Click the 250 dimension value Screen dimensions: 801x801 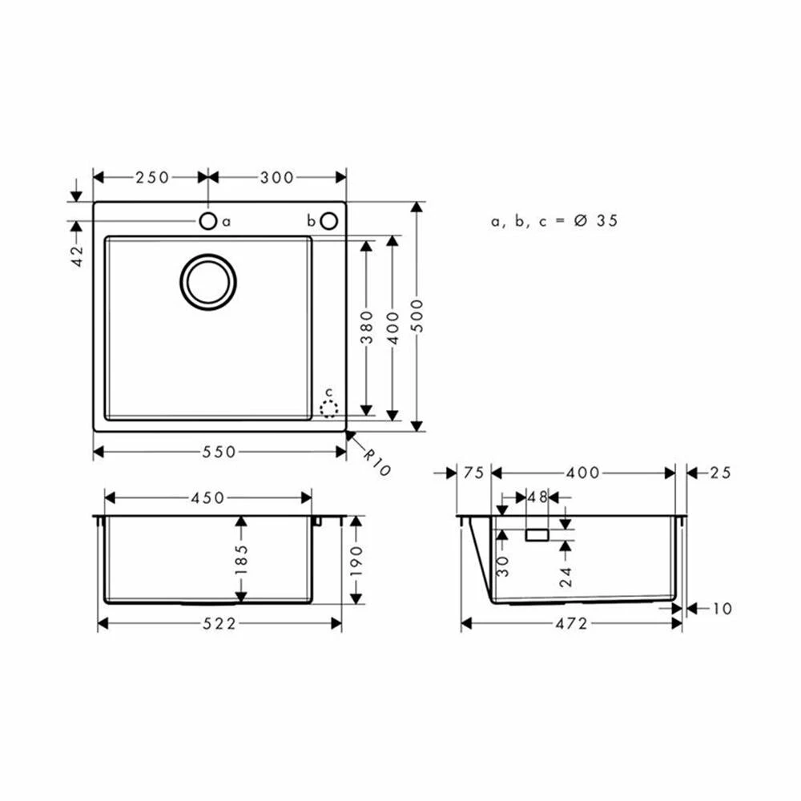coord(152,177)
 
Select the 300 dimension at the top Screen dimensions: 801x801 coord(277,177)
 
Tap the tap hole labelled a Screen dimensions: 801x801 coord(208,221)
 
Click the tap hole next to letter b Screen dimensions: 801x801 coord(329,221)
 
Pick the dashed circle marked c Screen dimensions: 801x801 coord(329,409)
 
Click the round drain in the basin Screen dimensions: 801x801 coord(208,282)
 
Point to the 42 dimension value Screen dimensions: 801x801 coord(77,256)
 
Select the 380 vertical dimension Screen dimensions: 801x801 coord(367,327)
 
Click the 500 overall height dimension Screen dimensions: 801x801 coord(417,316)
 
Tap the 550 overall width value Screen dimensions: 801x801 coord(219,452)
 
